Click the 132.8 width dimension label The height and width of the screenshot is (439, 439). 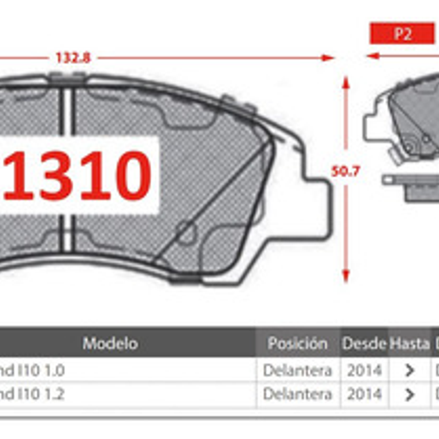pyautogui.click(x=73, y=58)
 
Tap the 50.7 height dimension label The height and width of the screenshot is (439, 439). pyautogui.click(x=345, y=171)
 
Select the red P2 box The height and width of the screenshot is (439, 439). pyautogui.click(x=402, y=34)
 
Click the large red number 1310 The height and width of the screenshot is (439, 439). pyautogui.click(x=78, y=176)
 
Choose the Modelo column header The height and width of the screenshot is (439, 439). pyautogui.click(x=110, y=343)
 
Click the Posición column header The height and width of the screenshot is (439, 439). pyautogui.click(x=297, y=343)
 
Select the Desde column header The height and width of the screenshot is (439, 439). pyautogui.click(x=364, y=343)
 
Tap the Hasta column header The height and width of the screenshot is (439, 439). pyautogui.click(x=409, y=343)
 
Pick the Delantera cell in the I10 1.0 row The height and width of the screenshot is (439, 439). pyautogui.click(x=297, y=370)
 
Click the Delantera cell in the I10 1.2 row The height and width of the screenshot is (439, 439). pyautogui.click(x=297, y=394)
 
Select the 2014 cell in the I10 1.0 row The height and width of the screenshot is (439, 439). pyautogui.click(x=364, y=370)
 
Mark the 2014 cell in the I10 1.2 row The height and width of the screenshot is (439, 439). pyautogui.click(x=364, y=394)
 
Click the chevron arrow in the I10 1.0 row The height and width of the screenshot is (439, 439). pyautogui.click(x=410, y=370)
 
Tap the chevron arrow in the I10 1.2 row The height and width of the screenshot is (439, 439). pyautogui.click(x=410, y=395)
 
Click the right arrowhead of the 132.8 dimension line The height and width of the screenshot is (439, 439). pyautogui.click(x=329, y=58)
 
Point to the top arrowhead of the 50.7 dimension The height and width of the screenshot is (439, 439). pyautogui.click(x=346, y=81)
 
